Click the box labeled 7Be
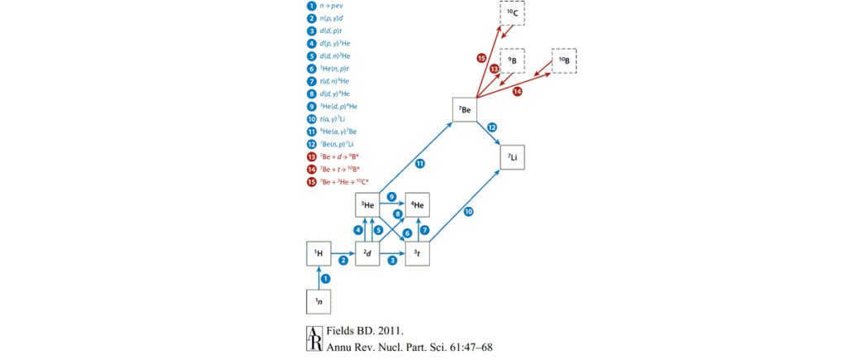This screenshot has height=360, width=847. (466, 110)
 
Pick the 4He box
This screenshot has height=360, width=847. (417, 204)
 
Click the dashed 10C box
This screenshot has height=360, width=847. (514, 15)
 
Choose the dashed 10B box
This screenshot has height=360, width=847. (565, 62)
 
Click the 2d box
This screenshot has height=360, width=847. (367, 253)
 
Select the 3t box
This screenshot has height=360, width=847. (417, 253)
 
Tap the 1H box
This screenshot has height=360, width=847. (318, 253)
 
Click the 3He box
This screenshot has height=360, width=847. (367, 204)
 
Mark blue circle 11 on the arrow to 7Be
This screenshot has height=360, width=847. (420, 163)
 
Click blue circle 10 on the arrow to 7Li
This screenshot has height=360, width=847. (468, 212)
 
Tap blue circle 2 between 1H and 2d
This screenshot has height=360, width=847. (343, 260)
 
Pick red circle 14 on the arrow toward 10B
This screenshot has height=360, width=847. (518, 92)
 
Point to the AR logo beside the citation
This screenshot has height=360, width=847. (314, 339)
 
